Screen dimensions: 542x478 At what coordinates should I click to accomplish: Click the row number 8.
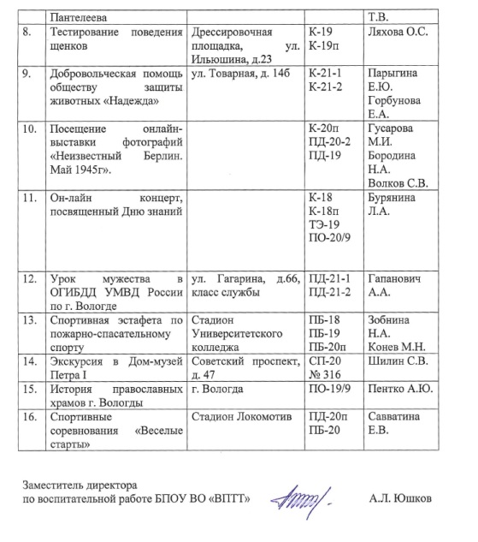coord(31,32)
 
